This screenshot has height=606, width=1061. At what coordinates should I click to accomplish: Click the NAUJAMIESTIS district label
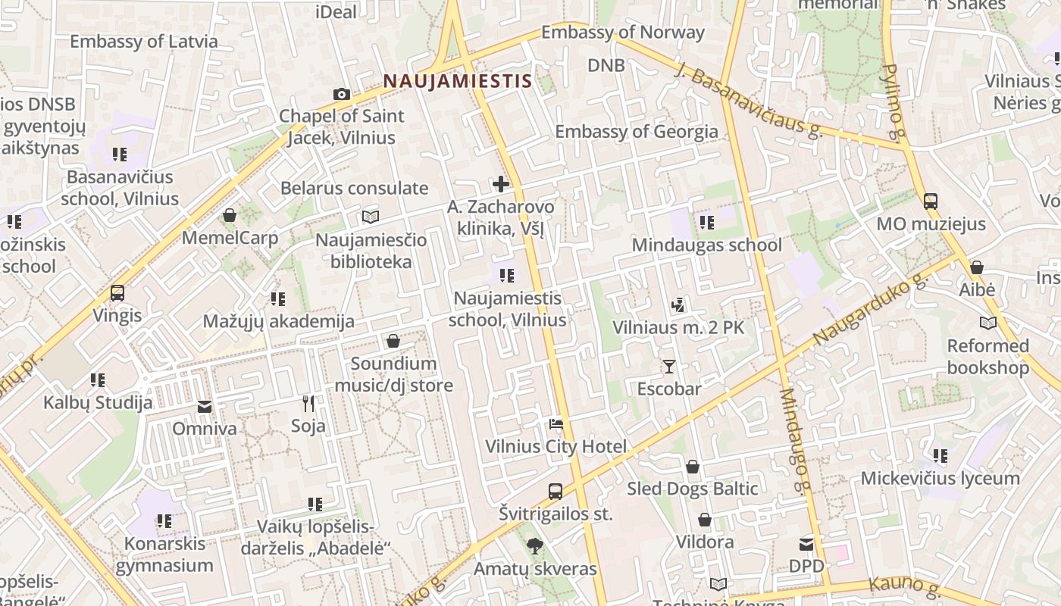point(457,80)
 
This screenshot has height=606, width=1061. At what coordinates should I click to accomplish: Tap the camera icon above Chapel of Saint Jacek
point(342,94)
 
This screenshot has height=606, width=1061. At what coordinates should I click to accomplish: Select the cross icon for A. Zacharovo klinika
point(500,183)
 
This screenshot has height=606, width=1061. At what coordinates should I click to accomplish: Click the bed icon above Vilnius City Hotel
point(556,424)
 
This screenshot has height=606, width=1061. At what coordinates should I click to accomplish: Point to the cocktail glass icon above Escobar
point(668,367)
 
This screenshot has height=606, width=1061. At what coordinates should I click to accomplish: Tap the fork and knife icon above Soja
point(308,403)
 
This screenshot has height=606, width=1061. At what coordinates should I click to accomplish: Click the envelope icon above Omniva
point(205,407)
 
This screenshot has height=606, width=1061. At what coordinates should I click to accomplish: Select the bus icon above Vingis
point(117,293)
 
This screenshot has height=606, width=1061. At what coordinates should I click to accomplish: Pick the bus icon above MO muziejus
point(931,201)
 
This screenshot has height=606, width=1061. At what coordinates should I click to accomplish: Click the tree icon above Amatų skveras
point(535,545)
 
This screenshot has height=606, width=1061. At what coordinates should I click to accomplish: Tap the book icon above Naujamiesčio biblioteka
point(371,217)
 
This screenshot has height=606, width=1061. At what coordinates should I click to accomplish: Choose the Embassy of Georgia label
point(637,131)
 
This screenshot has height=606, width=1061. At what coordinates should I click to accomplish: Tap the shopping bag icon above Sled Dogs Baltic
point(692,467)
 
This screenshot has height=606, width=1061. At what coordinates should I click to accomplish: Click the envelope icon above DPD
point(806,544)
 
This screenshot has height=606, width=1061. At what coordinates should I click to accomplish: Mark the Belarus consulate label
point(354,188)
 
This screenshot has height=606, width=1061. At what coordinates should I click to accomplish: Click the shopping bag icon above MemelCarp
point(230,216)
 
